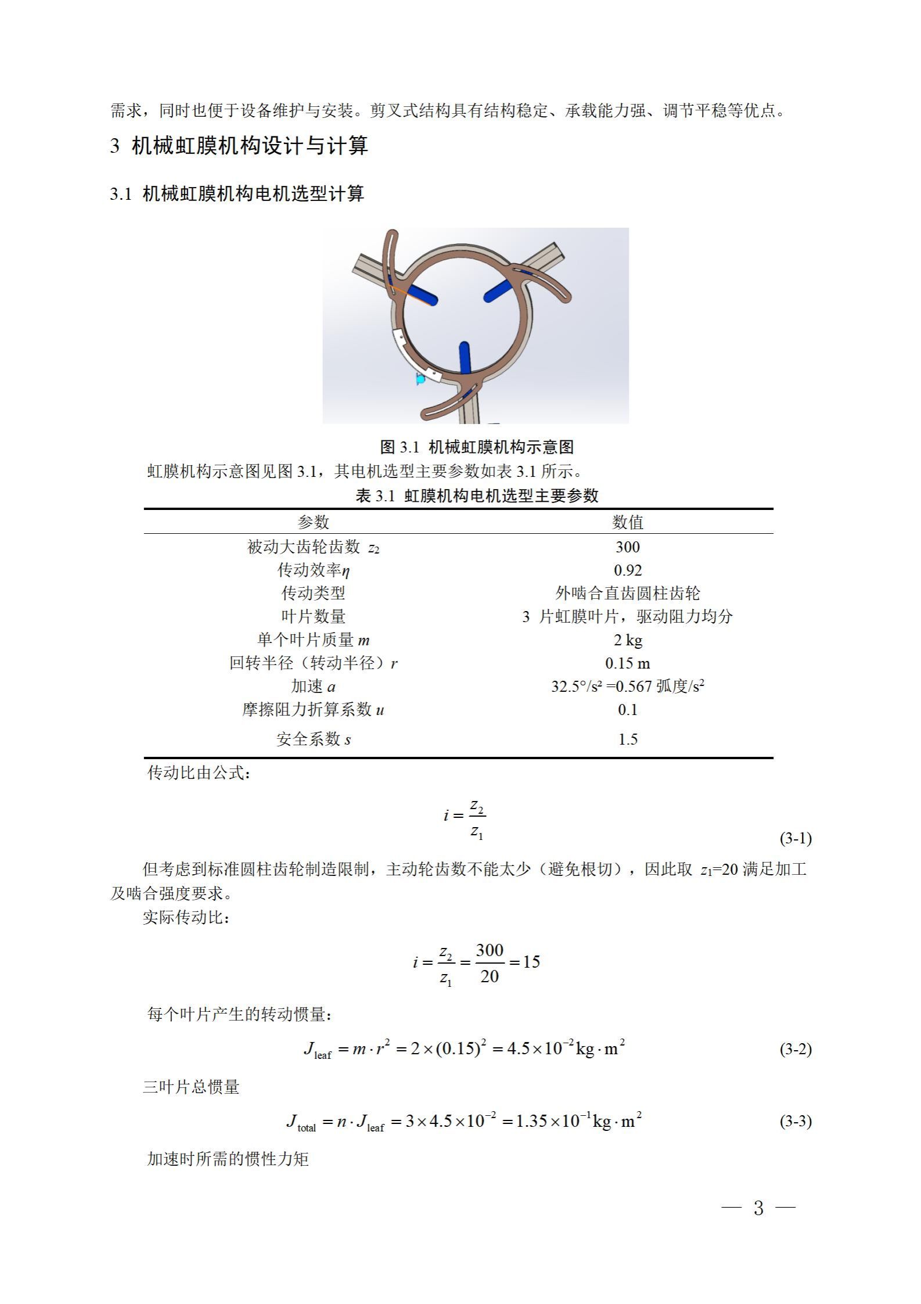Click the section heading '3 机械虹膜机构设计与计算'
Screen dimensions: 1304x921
239,146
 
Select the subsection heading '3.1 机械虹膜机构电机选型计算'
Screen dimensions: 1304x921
237,193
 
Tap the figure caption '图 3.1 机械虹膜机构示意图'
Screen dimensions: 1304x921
476,447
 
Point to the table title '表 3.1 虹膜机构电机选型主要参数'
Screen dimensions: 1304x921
476,495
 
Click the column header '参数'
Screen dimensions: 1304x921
313,522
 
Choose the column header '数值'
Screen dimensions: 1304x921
627,522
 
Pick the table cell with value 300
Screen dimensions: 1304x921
627,547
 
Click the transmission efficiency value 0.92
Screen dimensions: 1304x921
627,570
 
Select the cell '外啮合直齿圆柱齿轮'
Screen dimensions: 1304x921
627,593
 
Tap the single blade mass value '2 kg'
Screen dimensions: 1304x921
627,640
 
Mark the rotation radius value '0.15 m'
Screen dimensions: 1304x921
627,663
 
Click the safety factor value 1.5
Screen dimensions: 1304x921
627,739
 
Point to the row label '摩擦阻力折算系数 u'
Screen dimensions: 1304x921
313,710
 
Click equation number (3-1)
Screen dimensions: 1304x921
795,838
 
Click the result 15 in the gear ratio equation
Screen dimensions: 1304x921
531,962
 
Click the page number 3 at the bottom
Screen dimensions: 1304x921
758,1208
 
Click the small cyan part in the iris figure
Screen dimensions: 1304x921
420,379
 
